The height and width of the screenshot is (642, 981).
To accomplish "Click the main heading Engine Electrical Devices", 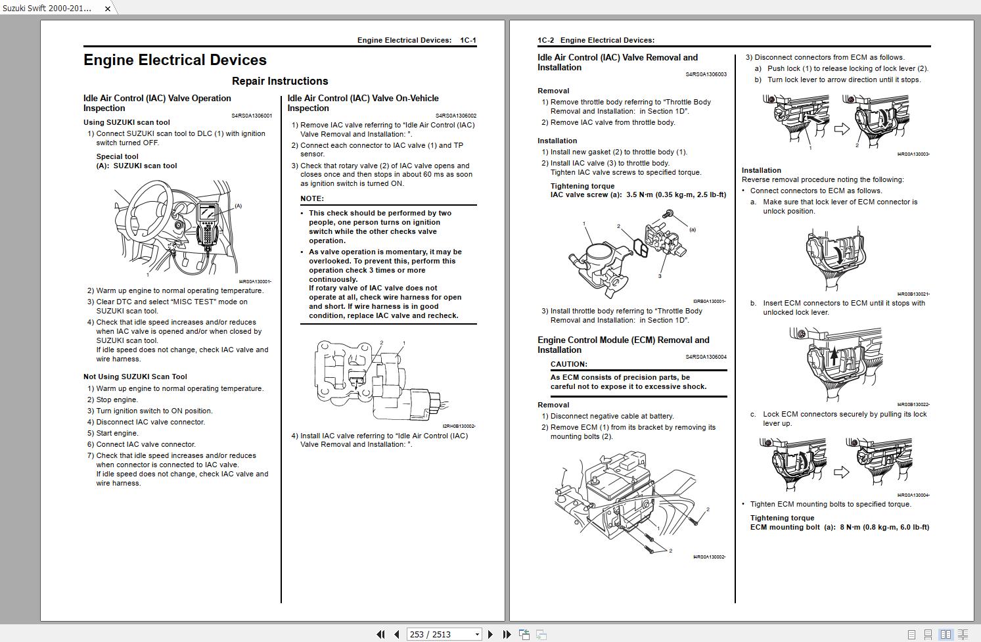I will click(175, 60).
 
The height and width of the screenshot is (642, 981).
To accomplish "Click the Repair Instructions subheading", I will click(280, 81).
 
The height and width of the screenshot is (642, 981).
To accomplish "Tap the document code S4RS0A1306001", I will click(251, 116).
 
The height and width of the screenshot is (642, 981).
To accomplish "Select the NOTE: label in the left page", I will click(312, 198).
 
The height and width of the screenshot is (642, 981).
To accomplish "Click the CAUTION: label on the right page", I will click(568, 364).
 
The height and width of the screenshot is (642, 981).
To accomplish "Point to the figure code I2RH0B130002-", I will click(459, 426).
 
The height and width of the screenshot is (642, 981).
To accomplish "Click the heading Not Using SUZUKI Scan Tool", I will click(135, 377).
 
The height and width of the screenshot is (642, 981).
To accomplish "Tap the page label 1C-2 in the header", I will click(545, 41).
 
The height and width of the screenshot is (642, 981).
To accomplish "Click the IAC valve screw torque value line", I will click(637, 195).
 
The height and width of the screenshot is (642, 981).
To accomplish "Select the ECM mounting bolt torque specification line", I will click(839, 527).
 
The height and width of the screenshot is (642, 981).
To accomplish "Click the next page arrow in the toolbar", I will click(490, 634).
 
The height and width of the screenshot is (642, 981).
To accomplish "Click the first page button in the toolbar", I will click(380, 634).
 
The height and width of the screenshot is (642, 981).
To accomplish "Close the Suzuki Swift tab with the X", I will click(108, 9).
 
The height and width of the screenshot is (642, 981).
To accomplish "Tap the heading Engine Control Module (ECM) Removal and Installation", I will click(623, 345).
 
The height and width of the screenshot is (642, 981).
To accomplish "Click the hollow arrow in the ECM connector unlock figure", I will click(841, 129).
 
